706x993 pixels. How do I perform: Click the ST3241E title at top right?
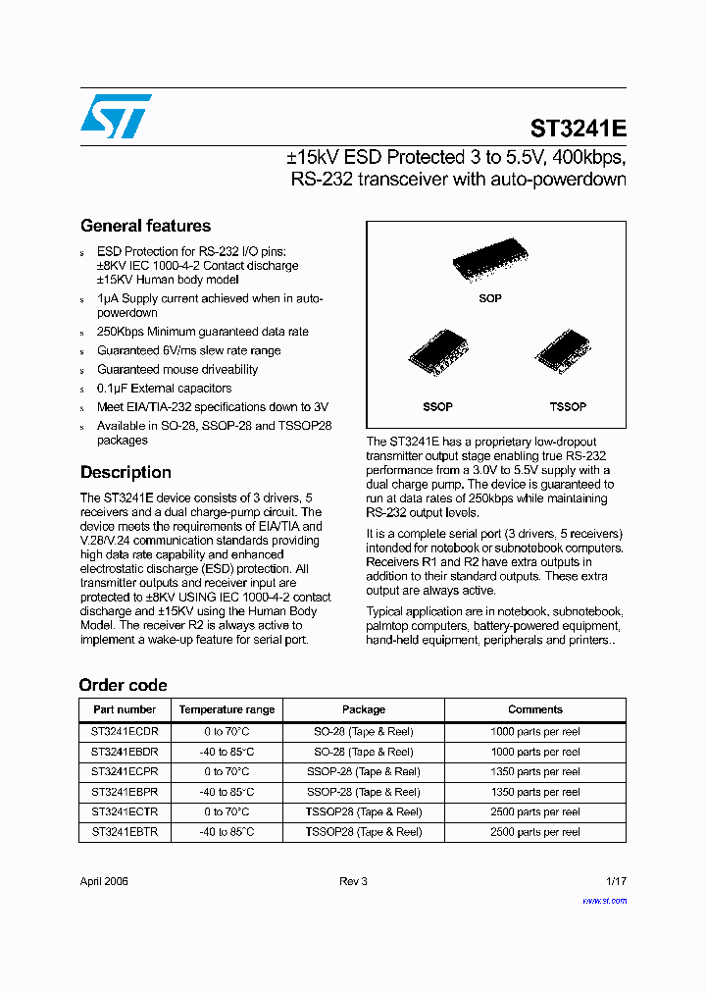[578, 129]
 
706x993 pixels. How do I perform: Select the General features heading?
[145, 226]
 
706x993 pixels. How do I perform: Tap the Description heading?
[126, 472]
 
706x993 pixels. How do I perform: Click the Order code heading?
[123, 685]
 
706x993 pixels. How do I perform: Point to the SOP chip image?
[490, 262]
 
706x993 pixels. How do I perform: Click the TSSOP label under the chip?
[568, 406]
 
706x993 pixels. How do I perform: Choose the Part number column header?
[125, 709]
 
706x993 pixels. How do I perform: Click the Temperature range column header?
[227, 709]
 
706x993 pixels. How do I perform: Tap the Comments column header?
[534, 709]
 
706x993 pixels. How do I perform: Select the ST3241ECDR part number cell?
[125, 732]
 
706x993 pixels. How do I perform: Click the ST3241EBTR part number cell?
[125, 832]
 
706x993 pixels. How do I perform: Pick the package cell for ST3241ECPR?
[363, 772]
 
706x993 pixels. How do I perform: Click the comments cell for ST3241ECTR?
[534, 812]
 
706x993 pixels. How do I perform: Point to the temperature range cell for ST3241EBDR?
[227, 752]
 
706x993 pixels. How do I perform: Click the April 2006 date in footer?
[104, 881]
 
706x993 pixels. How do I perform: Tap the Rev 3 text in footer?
[353, 881]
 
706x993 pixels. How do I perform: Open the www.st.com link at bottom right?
[604, 901]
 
